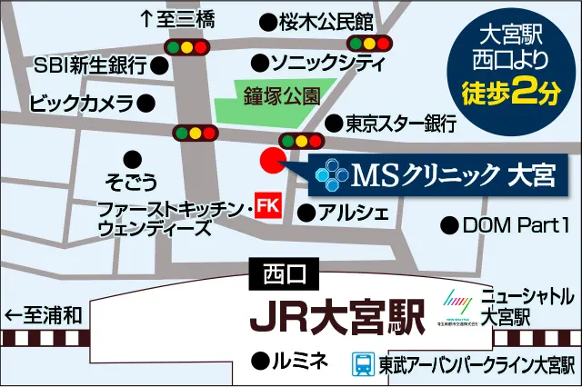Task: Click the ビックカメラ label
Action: pyautogui.click(x=83, y=104)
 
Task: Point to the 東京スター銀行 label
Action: pyautogui.click(x=401, y=122)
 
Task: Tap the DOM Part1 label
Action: pyautogui.click(x=514, y=223)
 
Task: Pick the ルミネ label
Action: pyautogui.click(x=299, y=361)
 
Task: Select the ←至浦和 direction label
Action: pyautogui.click(x=44, y=315)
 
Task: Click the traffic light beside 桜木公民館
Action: pyautogui.click(x=370, y=43)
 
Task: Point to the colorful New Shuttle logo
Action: pyautogui.click(x=456, y=300)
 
